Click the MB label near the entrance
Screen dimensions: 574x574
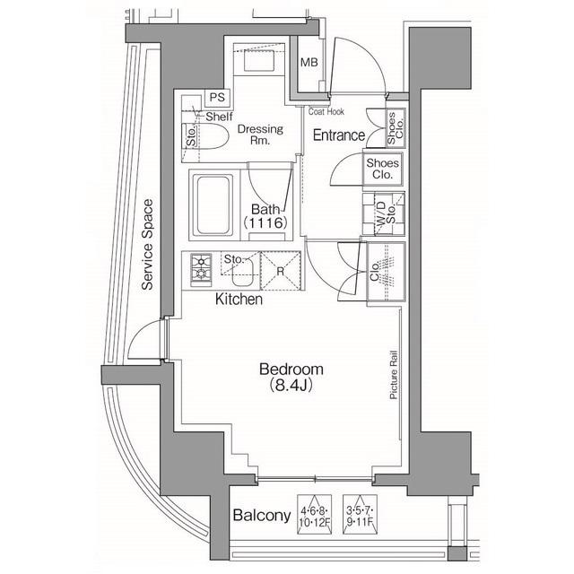coord(309,63)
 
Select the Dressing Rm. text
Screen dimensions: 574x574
coord(260,135)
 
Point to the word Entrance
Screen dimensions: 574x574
coord(338,135)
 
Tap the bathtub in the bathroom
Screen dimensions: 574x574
coord(213,204)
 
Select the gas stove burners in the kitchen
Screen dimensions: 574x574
coord(200,267)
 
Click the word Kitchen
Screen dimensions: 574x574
coord(239,300)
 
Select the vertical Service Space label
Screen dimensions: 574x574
coord(149,244)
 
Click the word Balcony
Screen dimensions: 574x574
coord(261,516)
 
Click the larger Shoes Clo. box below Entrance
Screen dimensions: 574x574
coord(382,169)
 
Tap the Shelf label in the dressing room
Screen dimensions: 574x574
coord(221,117)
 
